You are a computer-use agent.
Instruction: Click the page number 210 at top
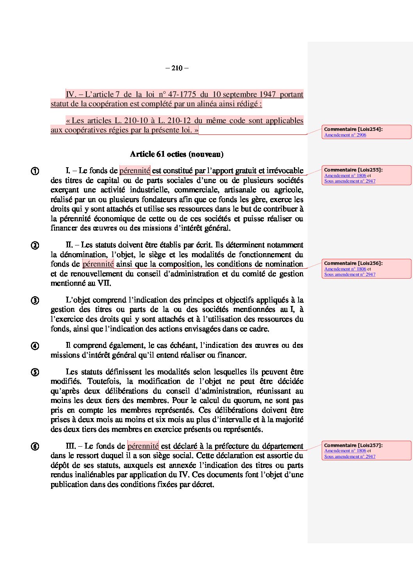pos(177,68)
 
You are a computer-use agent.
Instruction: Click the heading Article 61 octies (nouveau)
pos(176,154)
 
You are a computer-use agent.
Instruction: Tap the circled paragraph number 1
pos(35,171)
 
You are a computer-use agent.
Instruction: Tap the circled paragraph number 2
pos(35,245)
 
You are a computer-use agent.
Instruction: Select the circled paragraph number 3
pos(35,301)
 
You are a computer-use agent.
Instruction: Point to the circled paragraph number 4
pos(35,346)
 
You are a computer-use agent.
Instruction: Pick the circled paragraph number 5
pos(35,372)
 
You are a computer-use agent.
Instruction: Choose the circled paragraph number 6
pos(35,446)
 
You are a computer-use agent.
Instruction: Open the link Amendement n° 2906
pos(345,135)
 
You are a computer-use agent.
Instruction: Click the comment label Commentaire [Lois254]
pos(353,129)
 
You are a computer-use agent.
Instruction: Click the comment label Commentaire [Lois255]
pos(353,170)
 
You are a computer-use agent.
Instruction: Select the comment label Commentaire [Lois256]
pos(353,263)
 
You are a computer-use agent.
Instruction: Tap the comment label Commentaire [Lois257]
pos(353,445)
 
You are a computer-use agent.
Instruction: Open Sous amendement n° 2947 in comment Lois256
pos(350,274)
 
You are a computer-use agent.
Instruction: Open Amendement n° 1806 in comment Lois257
pos(345,451)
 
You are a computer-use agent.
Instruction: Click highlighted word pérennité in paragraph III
pos(143,446)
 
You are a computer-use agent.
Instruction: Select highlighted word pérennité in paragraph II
pos(98,264)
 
